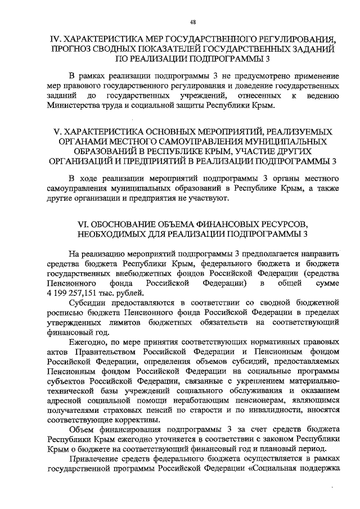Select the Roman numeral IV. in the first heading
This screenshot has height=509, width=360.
[x=56, y=39]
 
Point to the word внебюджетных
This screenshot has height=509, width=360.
[x=134, y=273]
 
